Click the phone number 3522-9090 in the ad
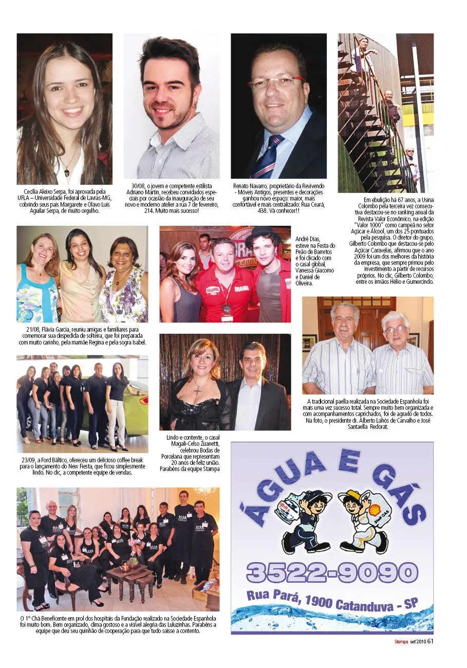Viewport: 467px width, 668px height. click(x=332, y=572)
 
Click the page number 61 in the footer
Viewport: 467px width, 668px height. click(x=431, y=641)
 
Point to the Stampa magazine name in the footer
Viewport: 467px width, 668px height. click(x=401, y=641)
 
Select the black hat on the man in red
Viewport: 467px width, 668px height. click(x=263, y=233)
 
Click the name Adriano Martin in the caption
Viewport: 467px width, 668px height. click(x=145, y=192)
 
